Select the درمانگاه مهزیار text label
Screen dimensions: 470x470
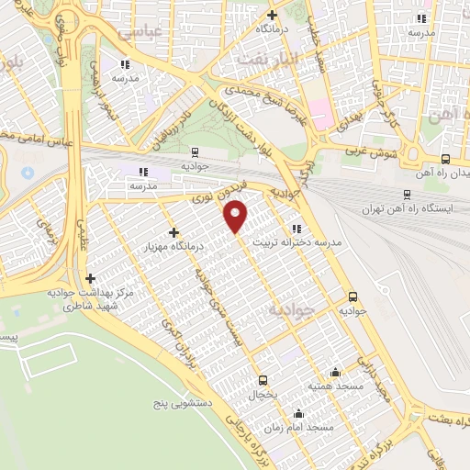177,247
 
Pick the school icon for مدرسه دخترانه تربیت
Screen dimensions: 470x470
295,229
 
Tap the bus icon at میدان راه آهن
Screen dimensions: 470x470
445,158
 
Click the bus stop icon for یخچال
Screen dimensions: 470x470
263,379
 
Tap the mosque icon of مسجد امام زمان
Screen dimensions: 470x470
297,413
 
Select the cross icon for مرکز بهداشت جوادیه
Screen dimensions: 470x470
90,278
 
